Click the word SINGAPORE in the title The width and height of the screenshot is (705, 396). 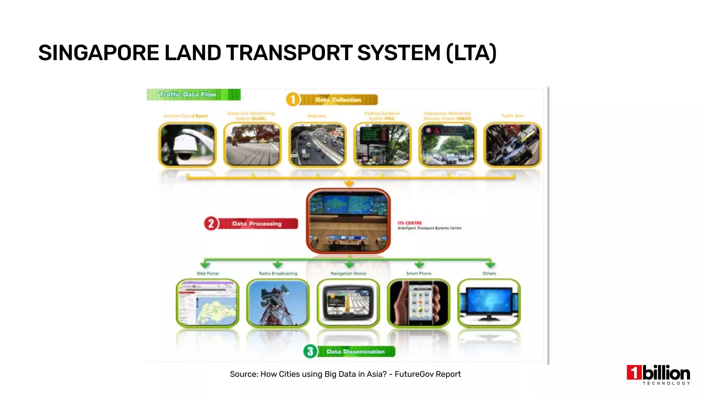point(98,53)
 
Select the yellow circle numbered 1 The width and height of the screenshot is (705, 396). point(293,100)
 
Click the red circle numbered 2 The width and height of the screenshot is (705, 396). point(211,223)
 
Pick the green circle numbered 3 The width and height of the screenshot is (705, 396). point(310,351)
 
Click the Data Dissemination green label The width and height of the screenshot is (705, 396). point(356,351)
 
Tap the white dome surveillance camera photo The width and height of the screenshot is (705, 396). point(187,145)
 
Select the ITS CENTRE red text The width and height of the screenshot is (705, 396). point(410,223)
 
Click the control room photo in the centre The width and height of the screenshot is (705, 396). point(348,221)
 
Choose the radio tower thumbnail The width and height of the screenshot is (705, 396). point(278,303)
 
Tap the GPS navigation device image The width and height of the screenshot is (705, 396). point(348,303)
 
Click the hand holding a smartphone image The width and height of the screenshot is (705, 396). point(419,303)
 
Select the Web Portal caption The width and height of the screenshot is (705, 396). point(208,273)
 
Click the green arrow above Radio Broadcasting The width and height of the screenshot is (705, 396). point(277,264)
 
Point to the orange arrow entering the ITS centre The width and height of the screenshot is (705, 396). point(349,184)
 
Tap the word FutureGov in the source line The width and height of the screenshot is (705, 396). point(411,374)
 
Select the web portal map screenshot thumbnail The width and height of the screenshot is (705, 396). point(208,303)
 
